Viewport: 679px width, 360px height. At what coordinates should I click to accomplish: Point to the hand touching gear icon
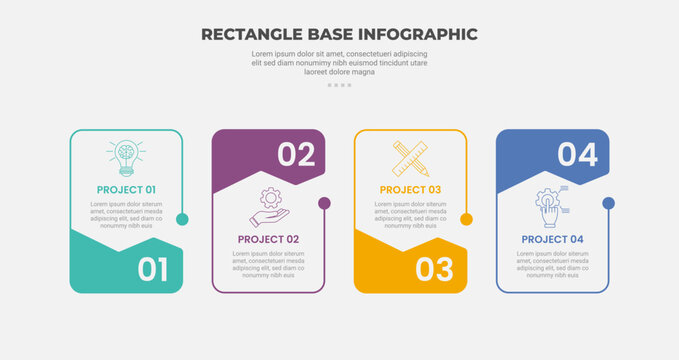551,206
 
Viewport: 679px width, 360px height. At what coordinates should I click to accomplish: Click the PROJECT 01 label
126,189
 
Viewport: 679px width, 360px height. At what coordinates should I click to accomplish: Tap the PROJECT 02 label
268,239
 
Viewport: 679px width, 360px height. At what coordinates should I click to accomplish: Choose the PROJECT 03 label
410,189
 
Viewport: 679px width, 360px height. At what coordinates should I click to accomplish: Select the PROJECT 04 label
552,239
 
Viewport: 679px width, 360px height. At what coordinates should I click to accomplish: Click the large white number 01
152,269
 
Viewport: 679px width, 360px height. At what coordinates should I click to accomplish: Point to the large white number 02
296,154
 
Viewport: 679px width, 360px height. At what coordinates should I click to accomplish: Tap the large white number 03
435,269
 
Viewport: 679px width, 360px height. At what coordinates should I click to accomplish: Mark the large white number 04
578,154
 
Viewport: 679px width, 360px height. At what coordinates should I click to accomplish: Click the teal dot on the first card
182,219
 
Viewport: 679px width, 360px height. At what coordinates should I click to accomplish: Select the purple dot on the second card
324,203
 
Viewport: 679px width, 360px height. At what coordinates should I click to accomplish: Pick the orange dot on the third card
466,219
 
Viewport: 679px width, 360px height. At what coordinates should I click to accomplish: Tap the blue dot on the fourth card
608,203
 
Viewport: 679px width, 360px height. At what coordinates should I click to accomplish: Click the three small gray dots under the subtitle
339,85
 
